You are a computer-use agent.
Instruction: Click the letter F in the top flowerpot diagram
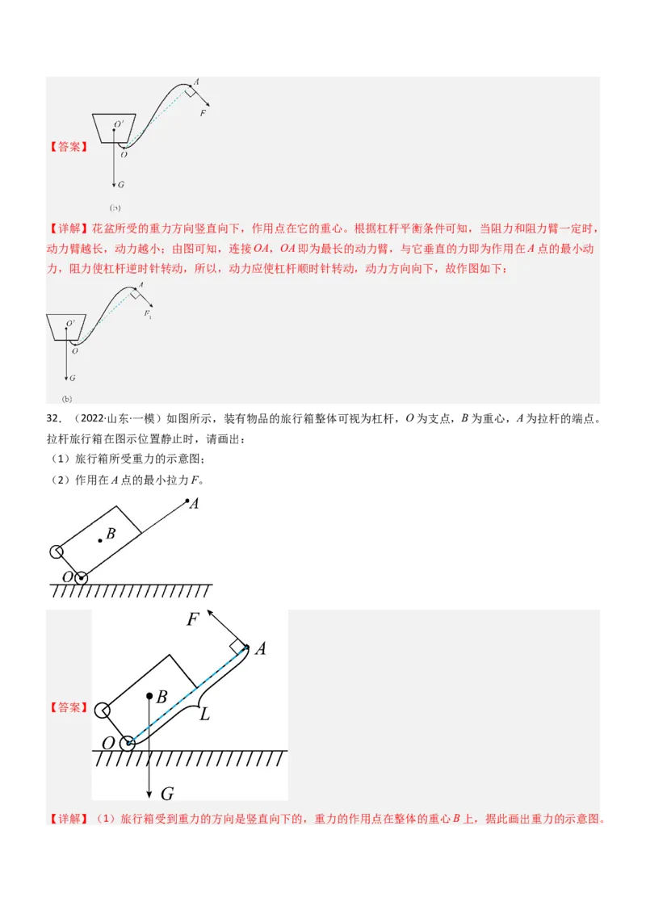[x=203, y=114]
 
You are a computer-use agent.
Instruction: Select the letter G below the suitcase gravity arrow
[x=167, y=793]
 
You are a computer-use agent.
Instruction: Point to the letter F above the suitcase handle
[x=193, y=620]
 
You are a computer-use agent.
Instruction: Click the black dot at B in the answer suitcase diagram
[x=149, y=695]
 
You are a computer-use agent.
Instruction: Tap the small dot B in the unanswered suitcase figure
[x=101, y=540]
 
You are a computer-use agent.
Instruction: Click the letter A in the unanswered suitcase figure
[x=193, y=504]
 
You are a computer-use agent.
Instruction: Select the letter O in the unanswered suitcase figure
[x=69, y=578]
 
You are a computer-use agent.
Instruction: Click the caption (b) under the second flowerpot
[x=67, y=399]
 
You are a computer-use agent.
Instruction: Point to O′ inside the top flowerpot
[x=118, y=124]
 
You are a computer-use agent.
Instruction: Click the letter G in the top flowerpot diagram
[x=120, y=184]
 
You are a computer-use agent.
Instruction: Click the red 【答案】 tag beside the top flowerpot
[x=69, y=148]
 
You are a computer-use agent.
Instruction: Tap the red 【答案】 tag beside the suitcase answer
[x=69, y=707]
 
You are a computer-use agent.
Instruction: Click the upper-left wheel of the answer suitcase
[x=103, y=711]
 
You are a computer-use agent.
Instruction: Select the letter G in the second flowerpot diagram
[x=72, y=378]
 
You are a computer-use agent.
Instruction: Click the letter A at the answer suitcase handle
[x=260, y=649]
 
